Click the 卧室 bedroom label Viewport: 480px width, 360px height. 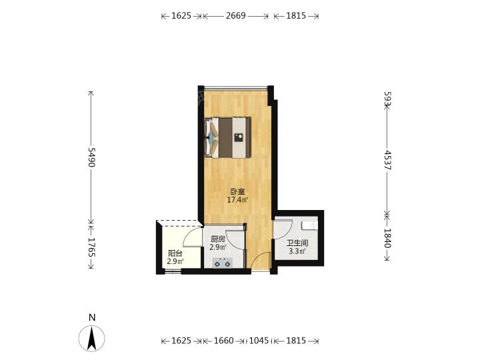point(237,192)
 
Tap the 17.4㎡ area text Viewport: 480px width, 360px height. point(237,200)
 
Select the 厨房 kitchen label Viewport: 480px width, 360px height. point(218,239)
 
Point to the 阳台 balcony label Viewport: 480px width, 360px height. point(175,253)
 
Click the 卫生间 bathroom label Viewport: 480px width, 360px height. point(297,244)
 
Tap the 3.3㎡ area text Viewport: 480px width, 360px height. point(297,251)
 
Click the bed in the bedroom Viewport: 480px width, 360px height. point(228,137)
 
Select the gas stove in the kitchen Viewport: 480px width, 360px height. point(223,263)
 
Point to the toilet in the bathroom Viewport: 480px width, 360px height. point(310,225)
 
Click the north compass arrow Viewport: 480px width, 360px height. point(91,338)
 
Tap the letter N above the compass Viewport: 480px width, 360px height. point(92,317)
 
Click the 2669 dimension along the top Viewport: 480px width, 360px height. point(236,15)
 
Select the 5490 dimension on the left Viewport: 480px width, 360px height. point(91,157)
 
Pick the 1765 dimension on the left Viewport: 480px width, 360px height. point(91,247)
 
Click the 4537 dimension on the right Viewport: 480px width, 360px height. point(388,160)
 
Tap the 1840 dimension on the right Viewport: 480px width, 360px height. point(388,238)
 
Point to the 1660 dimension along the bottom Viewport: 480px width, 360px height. point(224,341)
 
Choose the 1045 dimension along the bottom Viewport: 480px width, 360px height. point(259,341)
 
